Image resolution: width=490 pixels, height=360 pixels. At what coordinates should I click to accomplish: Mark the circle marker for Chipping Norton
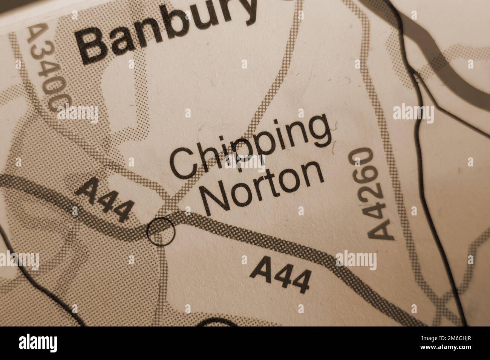161,232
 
